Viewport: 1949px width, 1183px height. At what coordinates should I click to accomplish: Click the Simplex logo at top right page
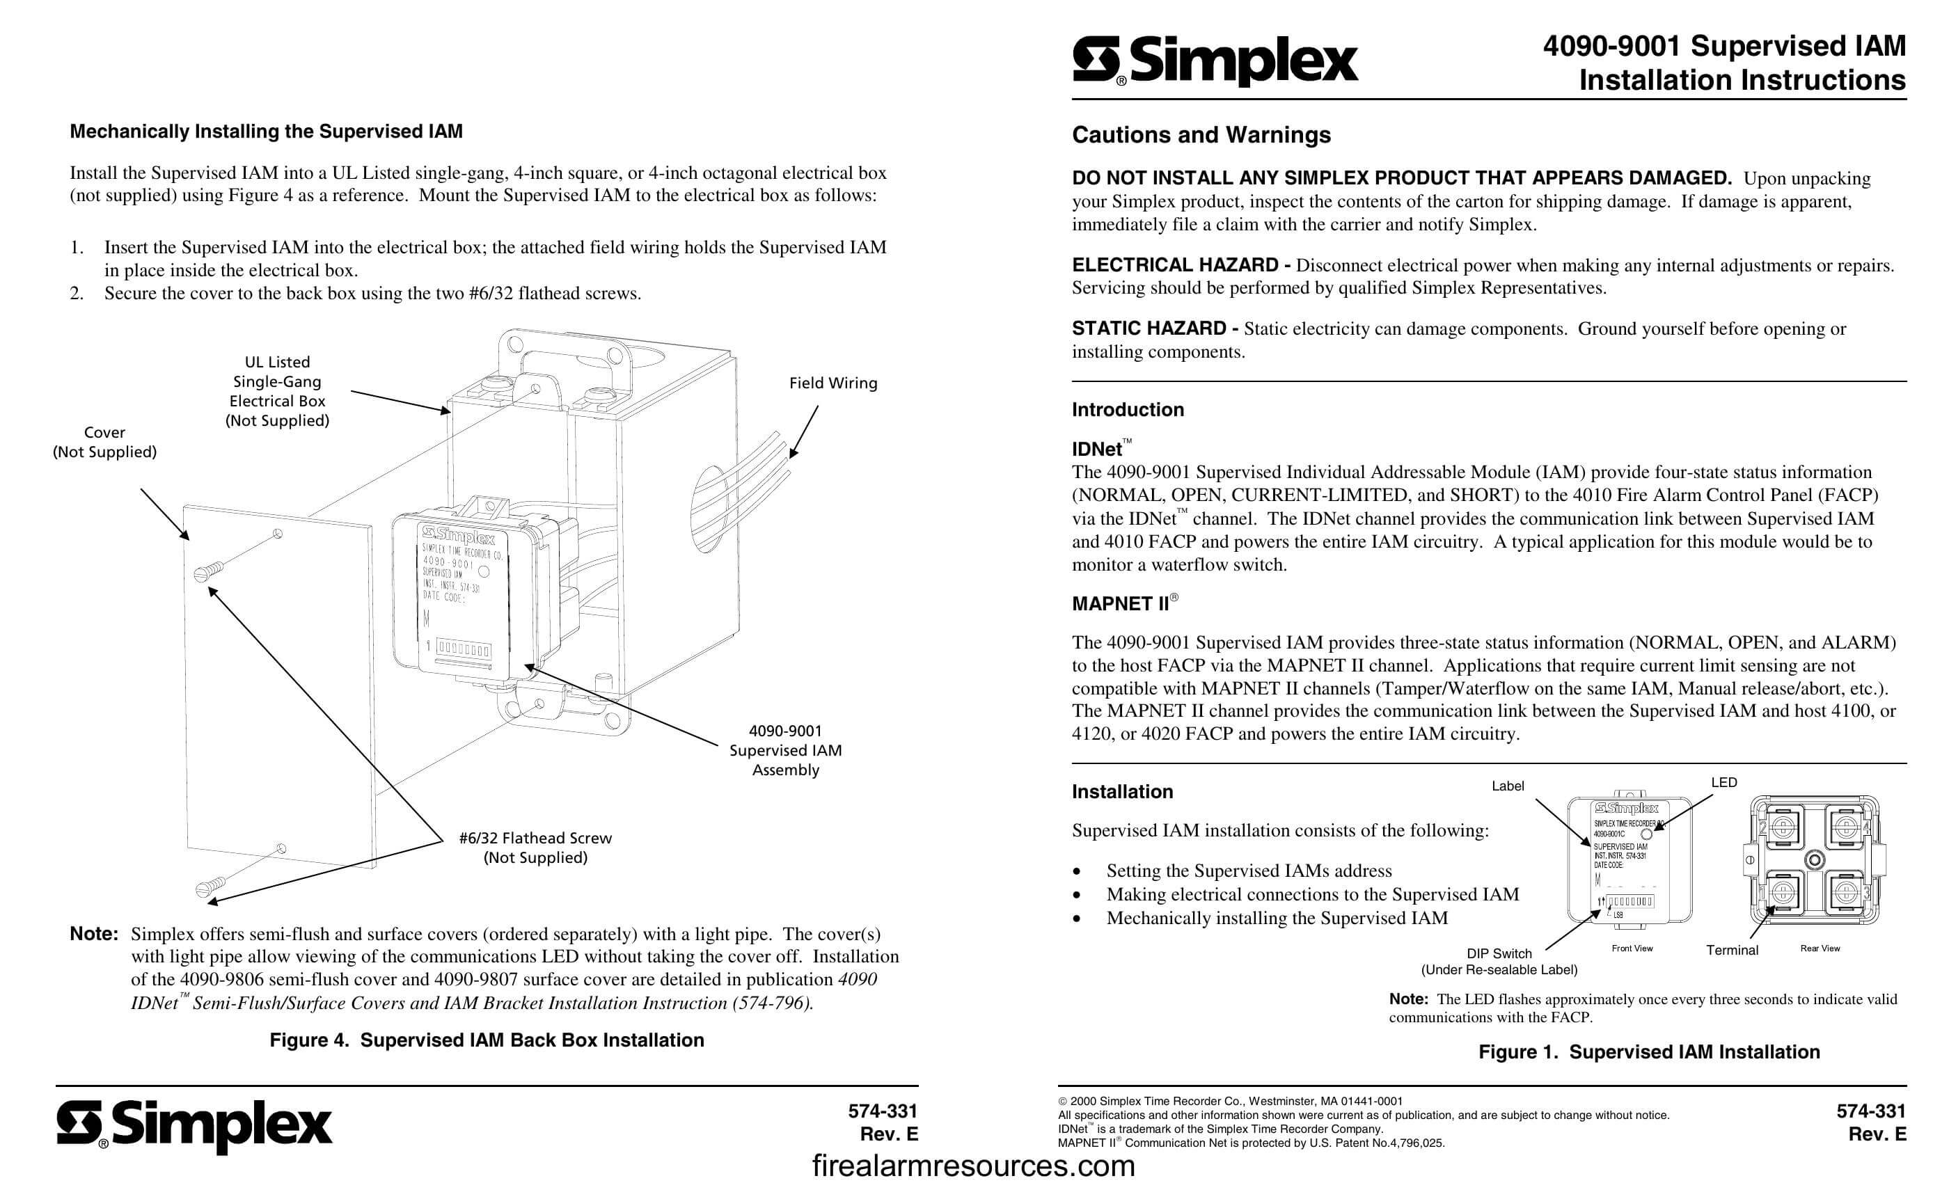tap(1215, 62)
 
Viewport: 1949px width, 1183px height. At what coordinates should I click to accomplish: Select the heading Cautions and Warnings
tap(1201, 135)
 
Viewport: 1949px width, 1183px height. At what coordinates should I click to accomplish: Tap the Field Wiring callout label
tap(833, 383)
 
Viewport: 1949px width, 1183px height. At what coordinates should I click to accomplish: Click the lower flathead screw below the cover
tap(210, 887)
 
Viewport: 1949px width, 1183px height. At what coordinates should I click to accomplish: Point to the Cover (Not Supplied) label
tap(104, 442)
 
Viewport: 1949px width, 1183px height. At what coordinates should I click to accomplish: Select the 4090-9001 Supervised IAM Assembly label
tap(785, 749)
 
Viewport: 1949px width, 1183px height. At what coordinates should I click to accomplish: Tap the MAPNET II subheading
tap(1120, 604)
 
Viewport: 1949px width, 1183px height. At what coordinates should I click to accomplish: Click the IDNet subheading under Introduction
tap(1096, 449)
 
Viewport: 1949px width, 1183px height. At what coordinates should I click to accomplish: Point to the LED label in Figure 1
tap(1723, 782)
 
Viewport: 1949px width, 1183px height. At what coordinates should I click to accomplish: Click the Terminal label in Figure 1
tap(1732, 951)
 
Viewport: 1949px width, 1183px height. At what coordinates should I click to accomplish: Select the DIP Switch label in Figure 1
tap(1499, 953)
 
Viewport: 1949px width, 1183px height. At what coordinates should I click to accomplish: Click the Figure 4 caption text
tap(487, 1040)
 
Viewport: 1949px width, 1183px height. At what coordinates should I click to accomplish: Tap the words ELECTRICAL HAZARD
tap(1175, 265)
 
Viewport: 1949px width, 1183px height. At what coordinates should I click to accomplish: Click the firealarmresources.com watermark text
tap(973, 1166)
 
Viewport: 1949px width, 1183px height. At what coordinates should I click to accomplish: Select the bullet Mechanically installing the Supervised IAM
tap(1277, 918)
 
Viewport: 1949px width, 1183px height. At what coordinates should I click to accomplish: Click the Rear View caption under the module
tap(1820, 948)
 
